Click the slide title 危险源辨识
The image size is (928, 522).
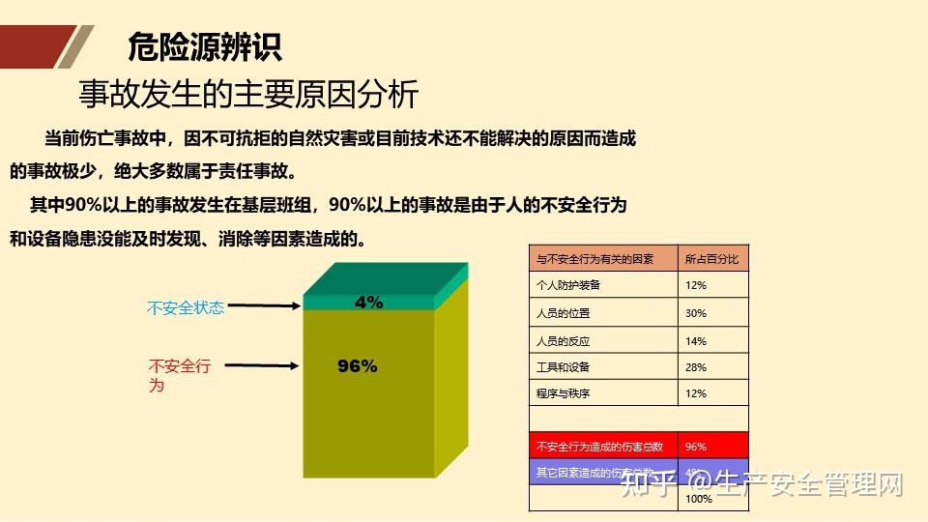(205, 47)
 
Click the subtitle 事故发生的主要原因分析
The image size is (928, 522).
(248, 95)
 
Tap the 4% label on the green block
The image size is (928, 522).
(369, 303)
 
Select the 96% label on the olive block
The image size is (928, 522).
(358, 366)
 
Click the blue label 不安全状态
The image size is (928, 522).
(186, 308)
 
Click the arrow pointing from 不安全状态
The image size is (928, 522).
(267, 307)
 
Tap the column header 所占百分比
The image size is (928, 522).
(712, 259)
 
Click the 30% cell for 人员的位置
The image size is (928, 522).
(696, 313)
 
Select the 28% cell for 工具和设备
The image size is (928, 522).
(696, 367)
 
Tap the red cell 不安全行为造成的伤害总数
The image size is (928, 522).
(600, 447)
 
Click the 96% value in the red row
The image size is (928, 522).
(696, 447)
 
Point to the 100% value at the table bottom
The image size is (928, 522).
(699, 499)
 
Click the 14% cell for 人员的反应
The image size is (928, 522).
(696, 341)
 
